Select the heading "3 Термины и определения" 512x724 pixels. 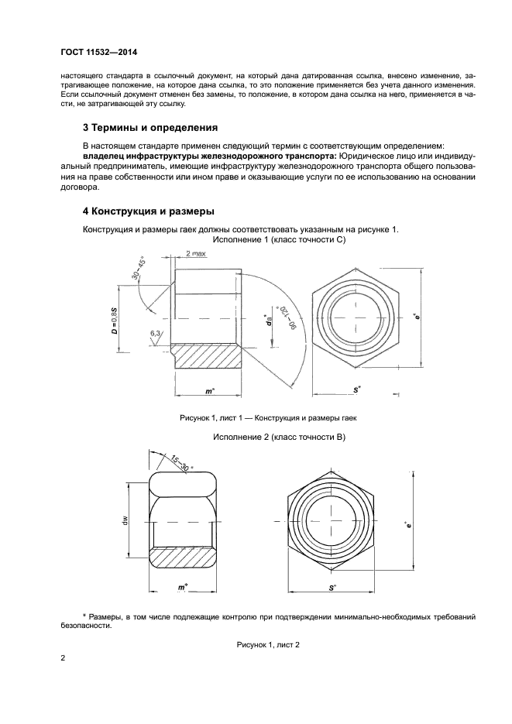click(x=150, y=126)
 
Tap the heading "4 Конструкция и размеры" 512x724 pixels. click(x=148, y=211)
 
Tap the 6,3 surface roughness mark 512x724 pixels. click(x=156, y=335)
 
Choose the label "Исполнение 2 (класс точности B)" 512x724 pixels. click(x=278, y=437)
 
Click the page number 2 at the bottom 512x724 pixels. click(x=64, y=659)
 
